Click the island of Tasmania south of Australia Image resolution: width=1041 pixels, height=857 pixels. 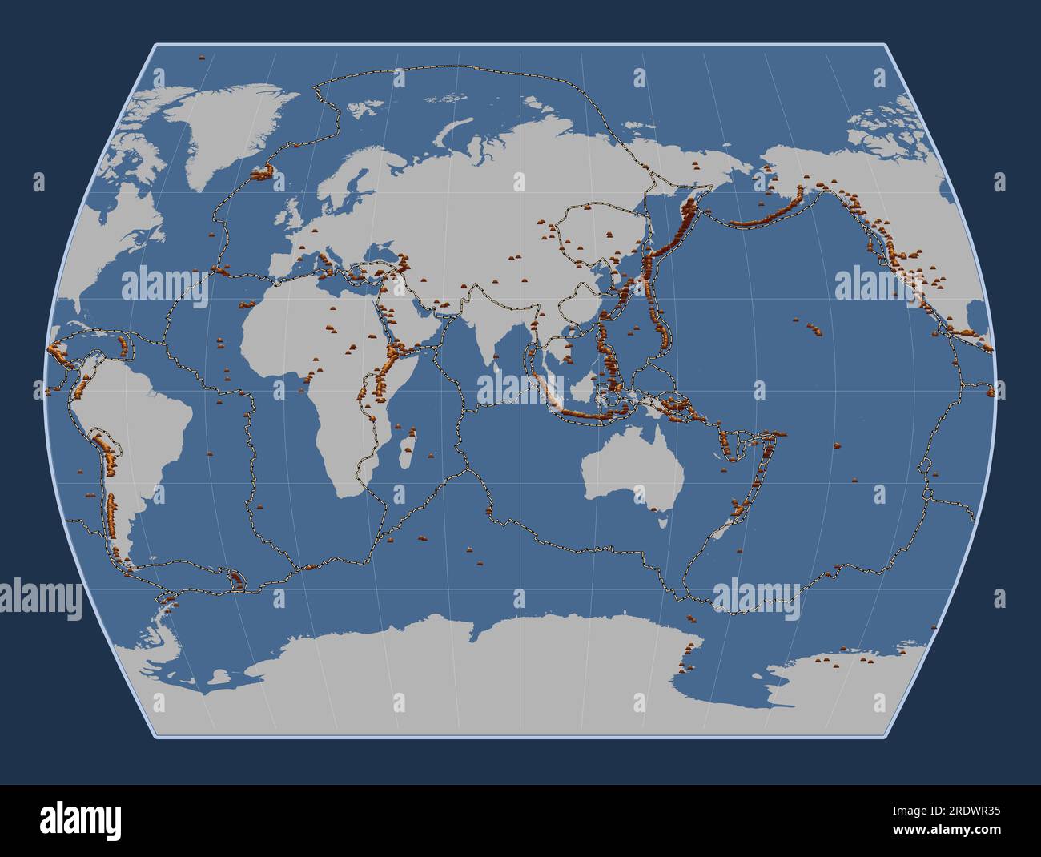point(663,521)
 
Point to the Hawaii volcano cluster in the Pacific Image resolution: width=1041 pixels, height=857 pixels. point(814,328)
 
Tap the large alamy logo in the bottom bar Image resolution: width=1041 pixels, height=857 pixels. point(80,820)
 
